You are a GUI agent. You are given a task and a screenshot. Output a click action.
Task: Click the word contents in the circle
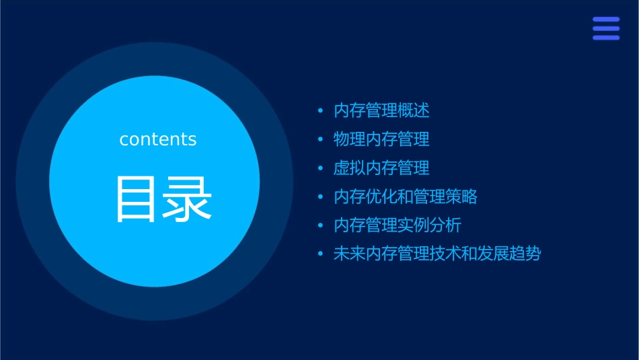click(158, 139)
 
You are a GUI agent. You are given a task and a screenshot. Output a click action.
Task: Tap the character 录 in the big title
click(188, 199)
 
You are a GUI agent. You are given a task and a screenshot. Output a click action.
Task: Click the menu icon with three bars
click(606, 29)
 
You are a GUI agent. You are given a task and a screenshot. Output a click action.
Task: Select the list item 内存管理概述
click(381, 110)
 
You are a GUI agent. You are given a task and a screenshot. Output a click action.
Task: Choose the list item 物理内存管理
click(381, 139)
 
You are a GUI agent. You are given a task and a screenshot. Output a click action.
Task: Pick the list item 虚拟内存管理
click(381, 168)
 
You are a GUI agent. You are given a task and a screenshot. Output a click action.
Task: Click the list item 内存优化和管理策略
click(406, 196)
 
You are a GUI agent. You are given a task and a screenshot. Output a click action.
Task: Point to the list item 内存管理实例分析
click(398, 225)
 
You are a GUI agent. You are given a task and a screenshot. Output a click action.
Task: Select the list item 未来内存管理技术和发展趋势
click(437, 254)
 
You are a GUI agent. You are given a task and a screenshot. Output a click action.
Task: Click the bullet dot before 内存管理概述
click(321, 110)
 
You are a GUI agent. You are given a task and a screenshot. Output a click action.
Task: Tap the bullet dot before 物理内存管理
click(321, 139)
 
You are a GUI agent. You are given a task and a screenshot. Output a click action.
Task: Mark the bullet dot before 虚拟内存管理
click(321, 168)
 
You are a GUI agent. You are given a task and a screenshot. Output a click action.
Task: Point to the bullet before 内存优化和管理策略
click(321, 196)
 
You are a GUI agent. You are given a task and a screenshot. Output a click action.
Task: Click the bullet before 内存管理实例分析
click(321, 225)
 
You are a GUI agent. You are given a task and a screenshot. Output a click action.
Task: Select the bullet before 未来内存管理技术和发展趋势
click(321, 254)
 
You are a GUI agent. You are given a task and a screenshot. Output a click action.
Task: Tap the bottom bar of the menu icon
click(606, 38)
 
